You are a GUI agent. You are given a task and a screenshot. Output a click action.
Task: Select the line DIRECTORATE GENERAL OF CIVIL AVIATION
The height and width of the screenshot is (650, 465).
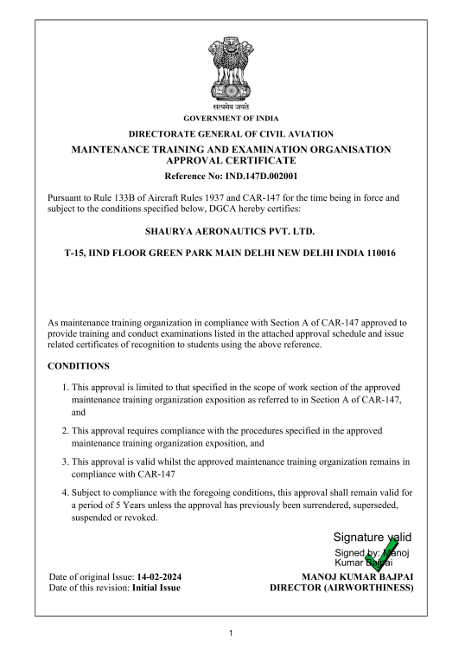click(x=231, y=134)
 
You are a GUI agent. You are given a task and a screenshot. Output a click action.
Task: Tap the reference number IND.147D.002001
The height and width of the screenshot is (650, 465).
click(x=252, y=176)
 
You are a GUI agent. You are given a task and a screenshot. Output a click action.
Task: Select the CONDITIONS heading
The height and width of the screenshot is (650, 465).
click(x=79, y=365)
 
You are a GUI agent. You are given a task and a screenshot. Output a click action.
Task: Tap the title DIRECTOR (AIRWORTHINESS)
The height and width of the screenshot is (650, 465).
click(x=341, y=589)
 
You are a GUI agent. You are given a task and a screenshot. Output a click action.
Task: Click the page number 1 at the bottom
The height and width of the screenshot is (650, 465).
click(x=232, y=633)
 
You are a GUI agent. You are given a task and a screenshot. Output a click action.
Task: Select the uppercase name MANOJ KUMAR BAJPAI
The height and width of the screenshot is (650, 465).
click(x=355, y=576)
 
